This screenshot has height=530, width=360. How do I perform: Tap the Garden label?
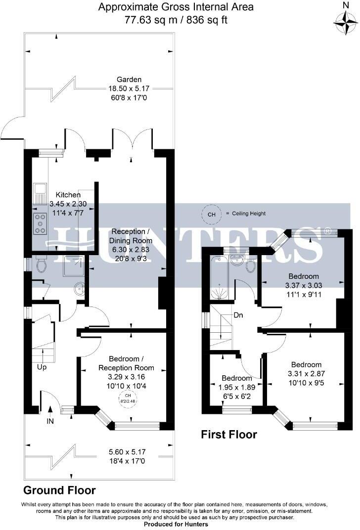tap(129, 79)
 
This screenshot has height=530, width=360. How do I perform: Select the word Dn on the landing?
tap(238, 315)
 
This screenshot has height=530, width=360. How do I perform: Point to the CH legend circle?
tap(211, 214)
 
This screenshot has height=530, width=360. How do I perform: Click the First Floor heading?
tap(228, 435)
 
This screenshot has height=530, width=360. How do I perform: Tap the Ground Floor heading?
tap(59, 490)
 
